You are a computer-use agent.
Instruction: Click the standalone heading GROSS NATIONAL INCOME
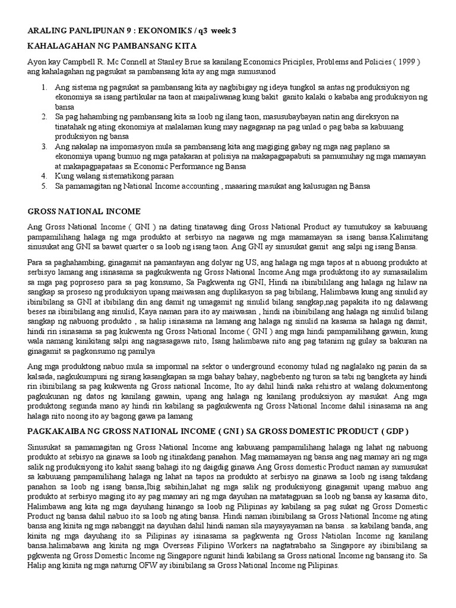pos(84,211)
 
